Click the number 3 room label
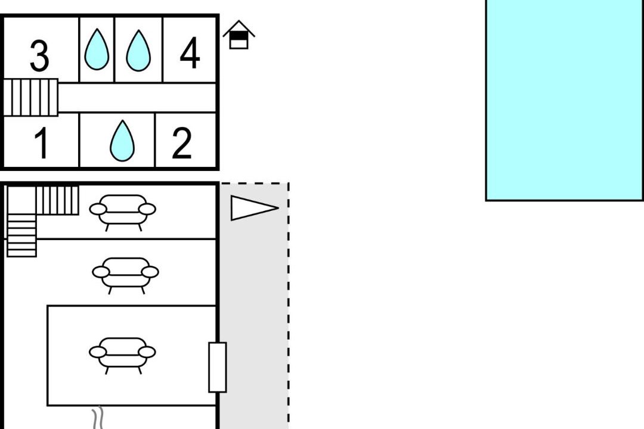(x=39, y=57)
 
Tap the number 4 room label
(x=190, y=53)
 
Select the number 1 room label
(x=41, y=144)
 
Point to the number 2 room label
(x=182, y=144)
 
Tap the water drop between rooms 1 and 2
(x=122, y=141)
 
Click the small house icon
(x=239, y=35)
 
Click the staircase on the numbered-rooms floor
(x=31, y=97)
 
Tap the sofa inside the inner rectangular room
(x=122, y=355)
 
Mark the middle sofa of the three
(x=125, y=274)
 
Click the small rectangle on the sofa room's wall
(x=217, y=367)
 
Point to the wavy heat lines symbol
(x=97, y=418)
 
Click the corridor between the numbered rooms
(x=137, y=98)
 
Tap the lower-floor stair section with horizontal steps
(x=21, y=235)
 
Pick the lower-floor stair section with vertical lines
(x=57, y=200)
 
